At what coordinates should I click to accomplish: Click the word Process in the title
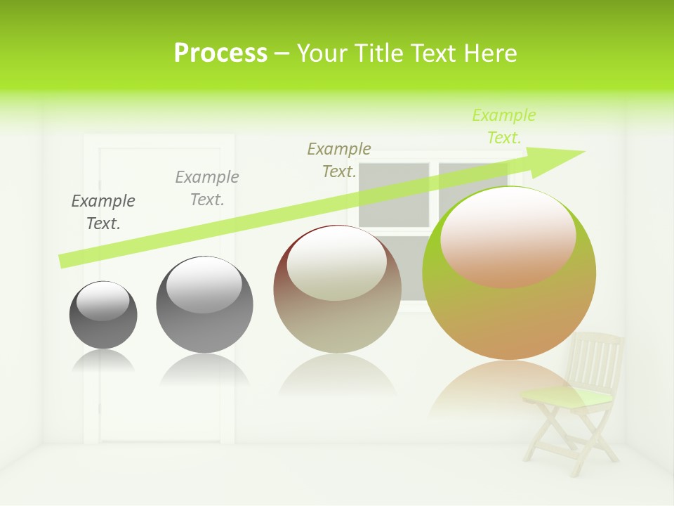(x=220, y=53)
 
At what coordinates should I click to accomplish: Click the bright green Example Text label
(x=503, y=126)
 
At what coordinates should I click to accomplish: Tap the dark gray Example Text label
(x=103, y=212)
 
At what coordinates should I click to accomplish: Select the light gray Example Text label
(x=206, y=188)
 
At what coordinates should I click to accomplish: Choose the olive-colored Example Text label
(x=339, y=160)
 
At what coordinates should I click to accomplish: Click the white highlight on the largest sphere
(x=508, y=235)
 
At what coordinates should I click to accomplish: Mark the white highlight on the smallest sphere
(x=103, y=301)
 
